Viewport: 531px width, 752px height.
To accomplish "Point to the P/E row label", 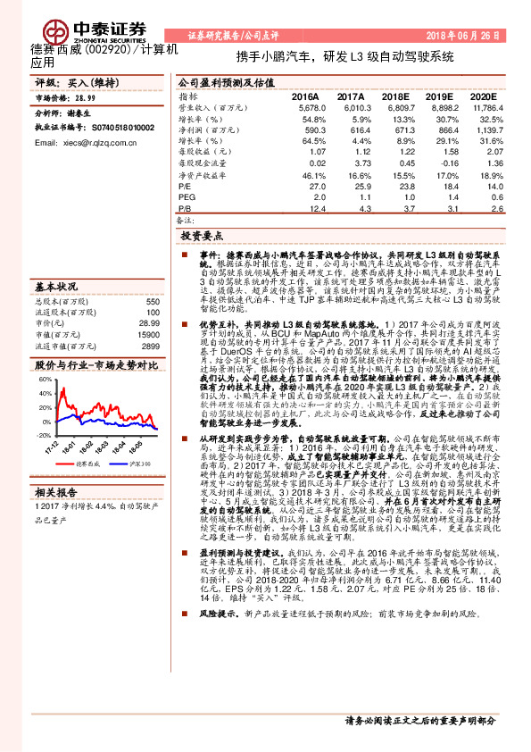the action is tap(186, 187).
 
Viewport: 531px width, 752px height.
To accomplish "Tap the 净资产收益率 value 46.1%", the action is tap(312, 175).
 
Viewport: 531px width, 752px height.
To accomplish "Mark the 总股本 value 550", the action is tap(152, 301).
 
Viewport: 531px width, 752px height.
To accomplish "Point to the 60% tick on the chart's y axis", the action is tap(44, 380).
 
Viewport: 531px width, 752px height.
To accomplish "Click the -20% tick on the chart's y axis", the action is tap(44, 434).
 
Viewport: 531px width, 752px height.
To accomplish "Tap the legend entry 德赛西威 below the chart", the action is tap(87, 464).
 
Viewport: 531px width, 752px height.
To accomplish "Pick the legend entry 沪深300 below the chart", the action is tap(137, 464).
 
